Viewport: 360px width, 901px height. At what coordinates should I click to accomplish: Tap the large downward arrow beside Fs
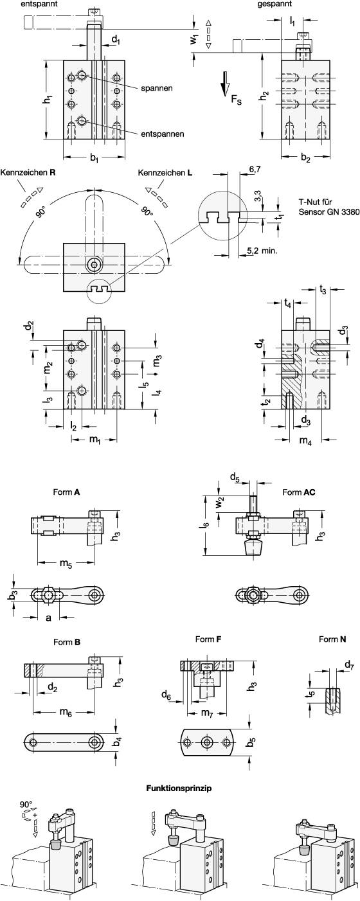pyautogui.click(x=225, y=84)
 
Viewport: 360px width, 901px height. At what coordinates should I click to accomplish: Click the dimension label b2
pyautogui.click(x=306, y=157)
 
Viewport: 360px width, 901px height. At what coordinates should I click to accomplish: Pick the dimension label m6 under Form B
pyautogui.click(x=64, y=711)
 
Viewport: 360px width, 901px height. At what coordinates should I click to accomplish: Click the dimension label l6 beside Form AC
pyautogui.click(x=204, y=525)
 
